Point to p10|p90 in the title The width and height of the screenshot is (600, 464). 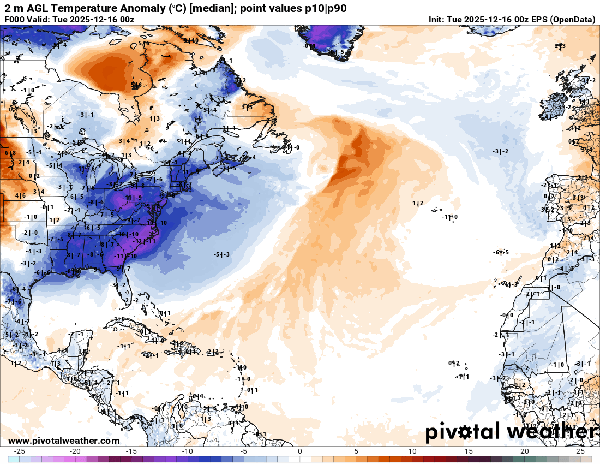pos(322,8)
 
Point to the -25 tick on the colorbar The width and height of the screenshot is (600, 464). pos(20,451)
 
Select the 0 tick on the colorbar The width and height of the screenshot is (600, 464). pos(300,451)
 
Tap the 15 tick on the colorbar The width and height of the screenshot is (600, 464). pos(468,451)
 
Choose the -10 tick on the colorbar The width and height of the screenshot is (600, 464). pos(188,451)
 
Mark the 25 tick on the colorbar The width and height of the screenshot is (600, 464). pos(580,451)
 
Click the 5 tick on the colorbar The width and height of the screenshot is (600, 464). pos(356,451)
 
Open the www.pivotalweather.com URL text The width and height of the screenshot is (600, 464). pos(64,441)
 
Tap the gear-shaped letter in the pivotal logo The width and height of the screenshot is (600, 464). pos(465,433)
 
